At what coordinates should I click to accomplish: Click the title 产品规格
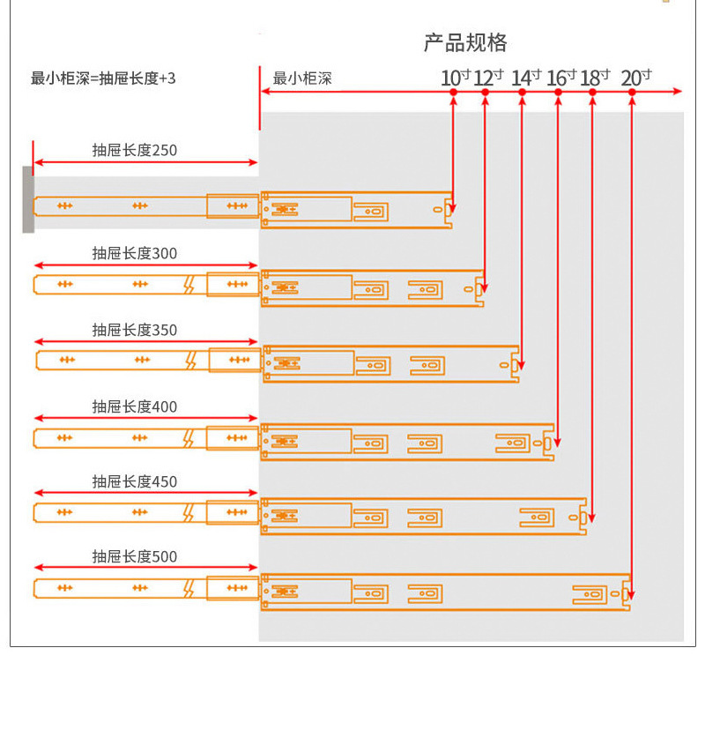[x=465, y=43]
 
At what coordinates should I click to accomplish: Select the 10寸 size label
[x=456, y=78]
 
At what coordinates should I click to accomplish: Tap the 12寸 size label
[x=488, y=78]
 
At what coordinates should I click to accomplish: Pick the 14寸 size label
[x=526, y=78]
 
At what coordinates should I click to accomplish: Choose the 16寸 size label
[x=561, y=78]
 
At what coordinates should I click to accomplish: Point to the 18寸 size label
[x=595, y=78]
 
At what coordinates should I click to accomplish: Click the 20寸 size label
[x=636, y=78]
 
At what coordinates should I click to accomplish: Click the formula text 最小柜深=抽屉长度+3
[x=103, y=78]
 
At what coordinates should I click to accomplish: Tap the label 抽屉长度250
[x=135, y=151]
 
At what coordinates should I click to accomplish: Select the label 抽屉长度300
[x=135, y=253]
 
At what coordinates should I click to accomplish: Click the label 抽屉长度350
[x=135, y=330]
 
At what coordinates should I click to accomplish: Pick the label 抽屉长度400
[x=135, y=407]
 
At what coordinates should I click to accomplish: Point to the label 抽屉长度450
[x=135, y=481]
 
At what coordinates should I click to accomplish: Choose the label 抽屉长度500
[x=135, y=556]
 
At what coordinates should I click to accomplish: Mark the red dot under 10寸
[x=453, y=93]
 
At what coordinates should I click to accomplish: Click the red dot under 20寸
[x=632, y=93]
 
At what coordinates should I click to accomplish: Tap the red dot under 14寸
[x=522, y=93]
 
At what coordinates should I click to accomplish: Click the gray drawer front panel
[x=28, y=199]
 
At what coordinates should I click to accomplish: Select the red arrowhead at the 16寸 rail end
[x=558, y=443]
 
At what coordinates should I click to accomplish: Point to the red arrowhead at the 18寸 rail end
[x=591, y=518]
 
